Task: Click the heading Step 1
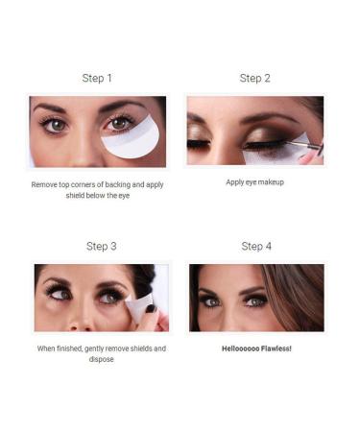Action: click(97, 78)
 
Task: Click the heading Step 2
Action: click(254, 78)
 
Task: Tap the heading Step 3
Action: click(102, 246)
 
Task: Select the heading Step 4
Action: click(255, 246)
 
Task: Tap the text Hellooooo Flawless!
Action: click(255, 348)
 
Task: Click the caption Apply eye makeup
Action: click(255, 181)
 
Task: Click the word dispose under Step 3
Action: click(101, 360)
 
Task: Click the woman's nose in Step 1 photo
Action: click(83, 144)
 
